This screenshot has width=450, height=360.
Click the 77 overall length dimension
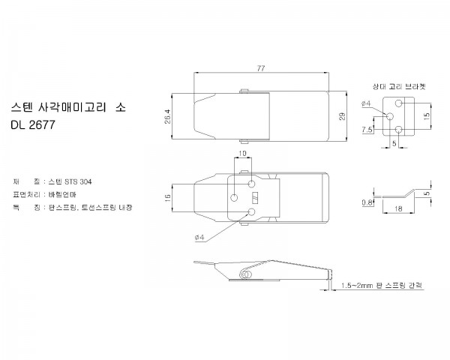click(261, 68)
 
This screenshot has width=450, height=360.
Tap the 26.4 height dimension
click(167, 116)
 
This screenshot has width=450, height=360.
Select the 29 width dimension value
click(342, 116)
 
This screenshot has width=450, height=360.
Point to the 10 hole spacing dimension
click(242, 153)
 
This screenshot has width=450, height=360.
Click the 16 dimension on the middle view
click(168, 198)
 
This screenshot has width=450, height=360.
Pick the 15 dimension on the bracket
click(427, 116)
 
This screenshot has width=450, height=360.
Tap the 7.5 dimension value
click(367, 130)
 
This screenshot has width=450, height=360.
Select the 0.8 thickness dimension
click(367, 202)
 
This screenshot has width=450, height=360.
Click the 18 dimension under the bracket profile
click(398, 208)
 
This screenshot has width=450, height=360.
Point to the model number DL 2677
click(33, 125)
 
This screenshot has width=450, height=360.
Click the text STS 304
click(78, 181)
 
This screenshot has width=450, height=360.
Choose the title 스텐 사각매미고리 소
click(68, 107)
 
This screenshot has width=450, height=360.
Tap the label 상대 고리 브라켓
click(399, 86)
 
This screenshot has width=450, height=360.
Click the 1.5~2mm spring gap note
click(382, 286)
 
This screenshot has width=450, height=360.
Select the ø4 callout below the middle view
click(199, 238)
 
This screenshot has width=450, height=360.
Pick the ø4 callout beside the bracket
click(366, 103)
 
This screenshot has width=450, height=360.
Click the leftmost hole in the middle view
click(234, 198)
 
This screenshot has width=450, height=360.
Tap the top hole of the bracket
click(399, 103)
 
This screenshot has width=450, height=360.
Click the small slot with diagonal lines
click(255, 198)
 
